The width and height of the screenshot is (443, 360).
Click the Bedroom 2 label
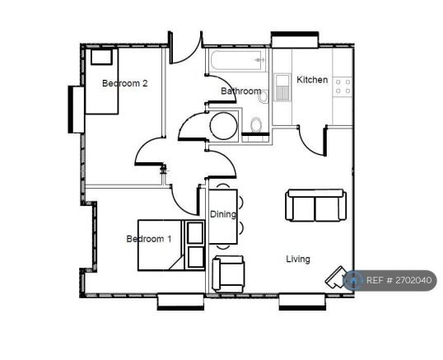[124, 83]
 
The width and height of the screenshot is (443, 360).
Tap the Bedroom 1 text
[148, 240]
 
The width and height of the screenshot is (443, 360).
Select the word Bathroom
[240, 91]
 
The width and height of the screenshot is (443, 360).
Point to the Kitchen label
[312, 80]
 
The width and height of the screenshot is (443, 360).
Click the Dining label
[222, 215]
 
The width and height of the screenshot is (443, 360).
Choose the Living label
[298, 259]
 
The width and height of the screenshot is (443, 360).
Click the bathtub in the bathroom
[237, 63]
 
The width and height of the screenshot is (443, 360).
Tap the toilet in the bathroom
[255, 126]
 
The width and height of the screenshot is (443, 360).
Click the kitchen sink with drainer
[282, 87]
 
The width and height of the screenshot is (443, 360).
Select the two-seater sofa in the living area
[315, 205]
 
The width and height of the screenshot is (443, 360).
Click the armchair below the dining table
[228, 273]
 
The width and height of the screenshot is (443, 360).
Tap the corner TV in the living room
[339, 276]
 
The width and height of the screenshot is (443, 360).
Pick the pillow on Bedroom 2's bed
[102, 57]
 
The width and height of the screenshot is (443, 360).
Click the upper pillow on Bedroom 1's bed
[195, 232]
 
